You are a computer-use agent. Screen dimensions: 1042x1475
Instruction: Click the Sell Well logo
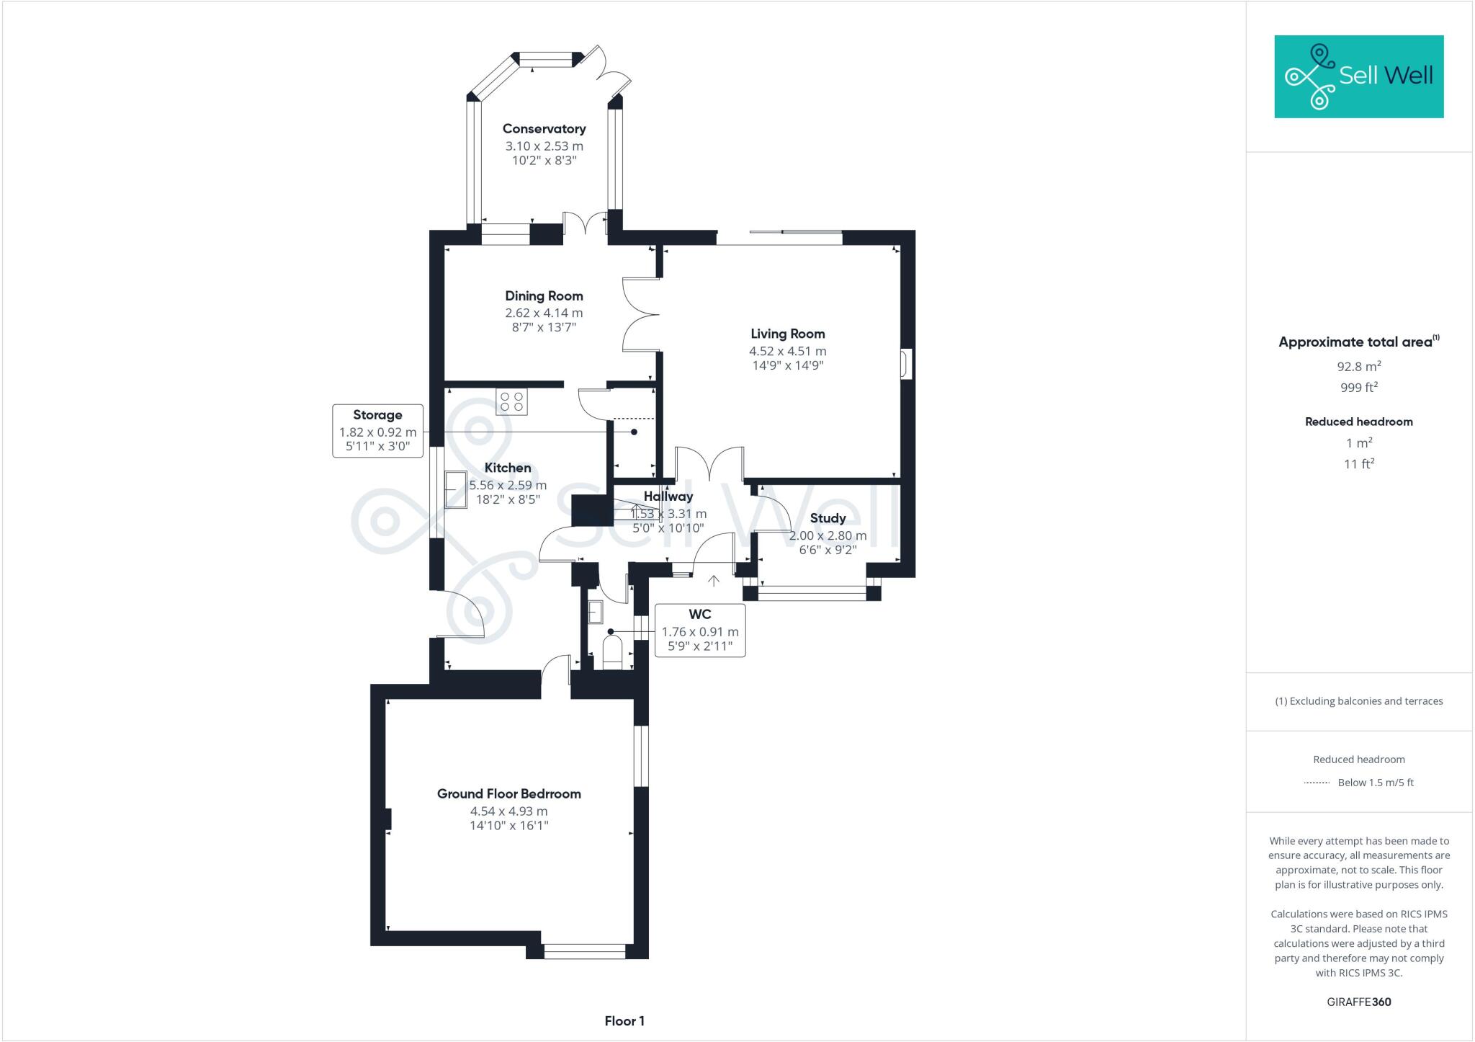click(1358, 76)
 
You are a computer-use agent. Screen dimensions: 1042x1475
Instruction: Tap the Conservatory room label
click(544, 129)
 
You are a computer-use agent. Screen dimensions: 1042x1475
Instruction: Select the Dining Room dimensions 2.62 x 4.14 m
click(544, 313)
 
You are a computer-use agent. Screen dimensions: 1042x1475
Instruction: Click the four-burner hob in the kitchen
click(511, 401)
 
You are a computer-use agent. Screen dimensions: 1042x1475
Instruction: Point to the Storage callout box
click(377, 431)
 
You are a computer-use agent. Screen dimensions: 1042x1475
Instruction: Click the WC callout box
click(699, 631)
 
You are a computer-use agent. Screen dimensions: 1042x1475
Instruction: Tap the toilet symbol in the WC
click(612, 652)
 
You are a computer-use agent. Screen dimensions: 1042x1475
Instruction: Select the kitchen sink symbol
click(455, 489)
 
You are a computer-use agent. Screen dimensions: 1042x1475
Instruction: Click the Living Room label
click(787, 334)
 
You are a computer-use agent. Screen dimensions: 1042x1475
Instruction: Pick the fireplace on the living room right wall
click(906, 364)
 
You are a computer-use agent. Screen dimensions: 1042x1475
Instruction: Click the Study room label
click(828, 518)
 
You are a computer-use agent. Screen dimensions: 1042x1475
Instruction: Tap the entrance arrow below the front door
click(714, 581)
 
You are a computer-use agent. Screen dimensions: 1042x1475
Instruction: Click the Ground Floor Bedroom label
click(508, 794)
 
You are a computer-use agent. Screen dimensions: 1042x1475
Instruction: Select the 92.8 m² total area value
click(1358, 366)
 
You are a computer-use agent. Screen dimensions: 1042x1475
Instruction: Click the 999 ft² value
click(1358, 388)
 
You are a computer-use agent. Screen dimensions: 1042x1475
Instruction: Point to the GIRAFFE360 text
click(1358, 1002)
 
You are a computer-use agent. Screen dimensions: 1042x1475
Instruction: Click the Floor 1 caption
click(624, 1021)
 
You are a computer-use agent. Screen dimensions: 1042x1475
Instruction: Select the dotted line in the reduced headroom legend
click(1317, 783)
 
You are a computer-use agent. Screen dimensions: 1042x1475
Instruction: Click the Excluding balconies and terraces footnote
click(1358, 701)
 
